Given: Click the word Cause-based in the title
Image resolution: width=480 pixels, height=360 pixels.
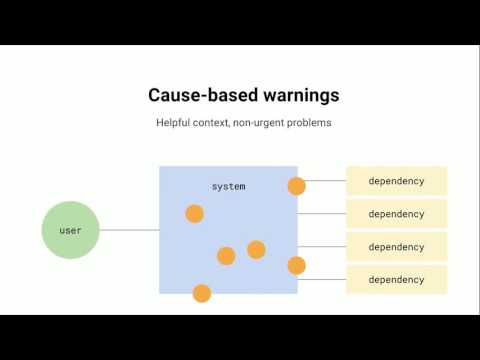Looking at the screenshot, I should (197, 96).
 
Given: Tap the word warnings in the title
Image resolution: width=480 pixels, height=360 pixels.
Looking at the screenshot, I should (293, 96).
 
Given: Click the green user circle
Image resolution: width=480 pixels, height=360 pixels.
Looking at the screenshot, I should (70, 230).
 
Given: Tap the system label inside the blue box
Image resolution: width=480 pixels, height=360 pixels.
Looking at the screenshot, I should (228, 187).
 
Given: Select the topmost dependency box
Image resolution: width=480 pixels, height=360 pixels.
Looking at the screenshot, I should (396, 181).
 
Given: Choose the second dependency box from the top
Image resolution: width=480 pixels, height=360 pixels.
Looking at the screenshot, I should (396, 214).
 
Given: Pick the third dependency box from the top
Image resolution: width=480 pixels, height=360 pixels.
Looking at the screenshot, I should (396, 247).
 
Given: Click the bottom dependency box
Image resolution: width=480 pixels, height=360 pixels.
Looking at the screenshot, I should (396, 279).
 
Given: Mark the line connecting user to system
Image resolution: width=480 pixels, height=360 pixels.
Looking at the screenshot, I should (130, 230).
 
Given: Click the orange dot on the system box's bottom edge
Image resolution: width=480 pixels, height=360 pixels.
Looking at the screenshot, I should (201, 293).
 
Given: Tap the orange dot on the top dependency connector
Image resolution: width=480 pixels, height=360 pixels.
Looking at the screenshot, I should (296, 186).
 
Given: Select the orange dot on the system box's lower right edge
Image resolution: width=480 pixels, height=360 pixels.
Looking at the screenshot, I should (296, 265).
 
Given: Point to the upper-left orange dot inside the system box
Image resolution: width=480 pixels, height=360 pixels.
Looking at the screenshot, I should (194, 213).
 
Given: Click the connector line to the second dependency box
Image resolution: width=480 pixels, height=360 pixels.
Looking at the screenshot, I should (322, 214).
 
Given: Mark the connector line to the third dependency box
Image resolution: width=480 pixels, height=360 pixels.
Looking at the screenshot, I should (322, 247).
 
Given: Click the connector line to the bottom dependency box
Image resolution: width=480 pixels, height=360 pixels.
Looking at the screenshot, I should (322, 279).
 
